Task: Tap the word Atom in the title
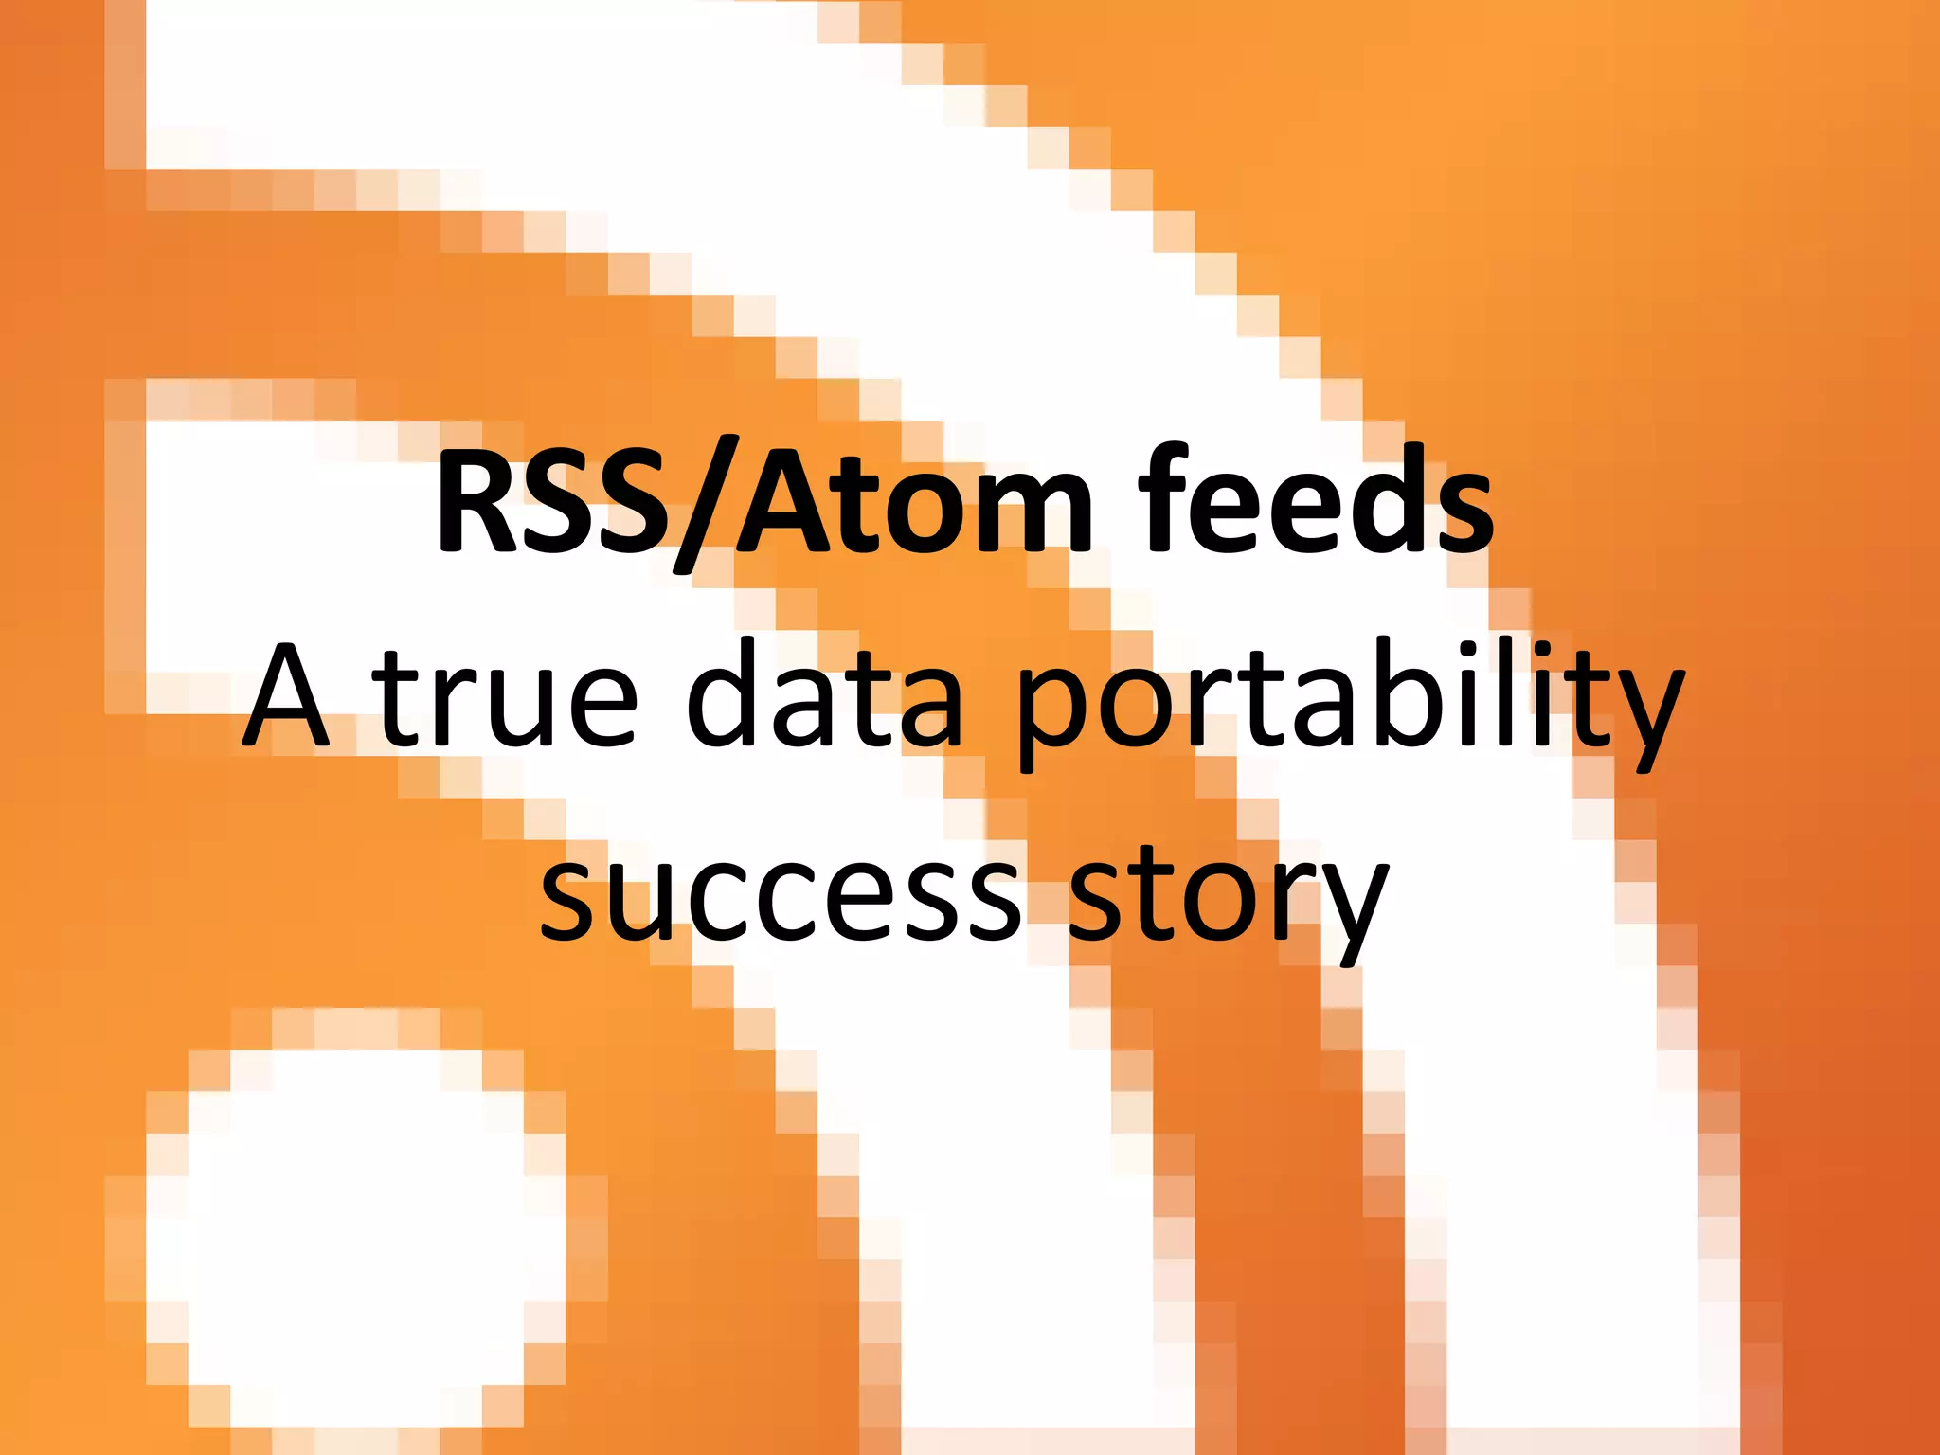point(915,502)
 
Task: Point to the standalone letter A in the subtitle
point(287,696)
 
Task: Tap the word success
point(781,895)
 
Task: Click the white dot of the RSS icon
point(355,1250)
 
